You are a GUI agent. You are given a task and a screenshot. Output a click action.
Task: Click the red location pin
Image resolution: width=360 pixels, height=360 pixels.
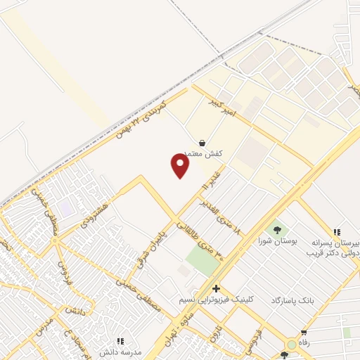point(181,166)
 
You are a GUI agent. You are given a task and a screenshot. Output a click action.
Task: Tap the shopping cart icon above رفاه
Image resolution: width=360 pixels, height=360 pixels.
point(304,333)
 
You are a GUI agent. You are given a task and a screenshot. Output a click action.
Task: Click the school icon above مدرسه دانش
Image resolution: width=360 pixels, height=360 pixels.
point(120,340)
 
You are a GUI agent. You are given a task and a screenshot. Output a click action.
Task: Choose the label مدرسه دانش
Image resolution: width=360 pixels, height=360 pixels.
point(122,351)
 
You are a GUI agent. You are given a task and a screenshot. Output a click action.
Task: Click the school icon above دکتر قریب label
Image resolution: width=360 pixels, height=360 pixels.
point(337,232)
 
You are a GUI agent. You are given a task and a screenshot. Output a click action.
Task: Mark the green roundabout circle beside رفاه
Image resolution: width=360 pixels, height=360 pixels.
point(290,345)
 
